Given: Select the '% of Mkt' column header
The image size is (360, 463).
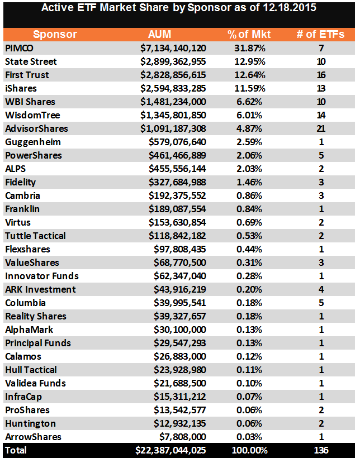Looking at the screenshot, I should point(246,35).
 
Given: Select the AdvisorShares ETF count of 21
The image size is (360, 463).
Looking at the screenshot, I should point(321,128).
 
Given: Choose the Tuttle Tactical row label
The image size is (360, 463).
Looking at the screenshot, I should point(35,236).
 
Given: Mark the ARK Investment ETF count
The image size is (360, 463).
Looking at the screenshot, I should point(321,289).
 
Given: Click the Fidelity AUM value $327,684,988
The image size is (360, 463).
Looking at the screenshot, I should point(178,182).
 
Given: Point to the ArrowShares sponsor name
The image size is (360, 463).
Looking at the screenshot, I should point(33,437).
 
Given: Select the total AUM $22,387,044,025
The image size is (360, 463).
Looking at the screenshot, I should point(170,450).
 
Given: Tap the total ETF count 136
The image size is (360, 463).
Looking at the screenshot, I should point(321,450).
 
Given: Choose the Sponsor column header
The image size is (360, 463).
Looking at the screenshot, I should point(55,35).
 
